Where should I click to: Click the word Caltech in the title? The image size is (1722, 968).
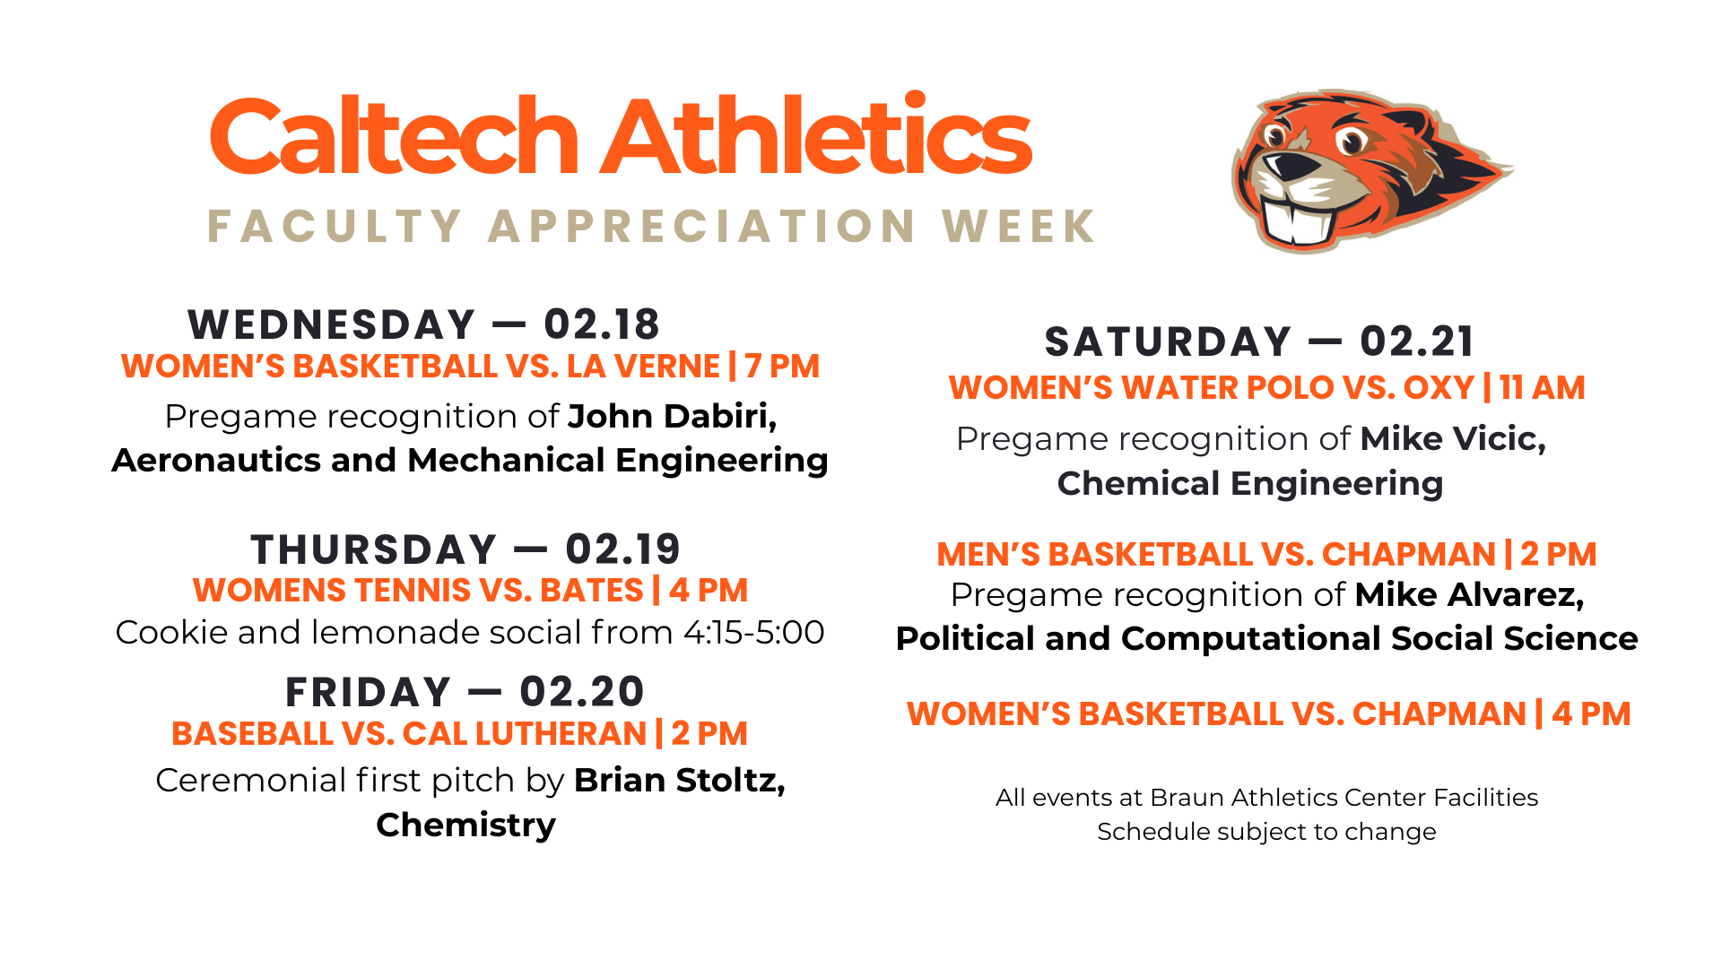395,136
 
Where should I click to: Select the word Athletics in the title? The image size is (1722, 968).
816,136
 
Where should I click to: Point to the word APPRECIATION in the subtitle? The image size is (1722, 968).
702,226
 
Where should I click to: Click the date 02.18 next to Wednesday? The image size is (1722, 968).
602,324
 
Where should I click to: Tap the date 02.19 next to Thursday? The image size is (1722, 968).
623,549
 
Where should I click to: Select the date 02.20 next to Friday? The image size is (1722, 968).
582,692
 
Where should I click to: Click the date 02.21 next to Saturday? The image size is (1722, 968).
1417,341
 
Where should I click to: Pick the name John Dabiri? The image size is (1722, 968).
672,417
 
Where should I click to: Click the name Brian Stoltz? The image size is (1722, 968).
679,781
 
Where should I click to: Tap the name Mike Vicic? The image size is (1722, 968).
1453,439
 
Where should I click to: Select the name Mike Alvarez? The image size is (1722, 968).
1469,595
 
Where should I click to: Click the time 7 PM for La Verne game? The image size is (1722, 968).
782,367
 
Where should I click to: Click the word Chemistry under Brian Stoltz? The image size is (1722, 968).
465,825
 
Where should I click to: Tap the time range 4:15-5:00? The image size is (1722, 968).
753,633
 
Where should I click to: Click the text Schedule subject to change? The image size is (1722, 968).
1266,832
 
